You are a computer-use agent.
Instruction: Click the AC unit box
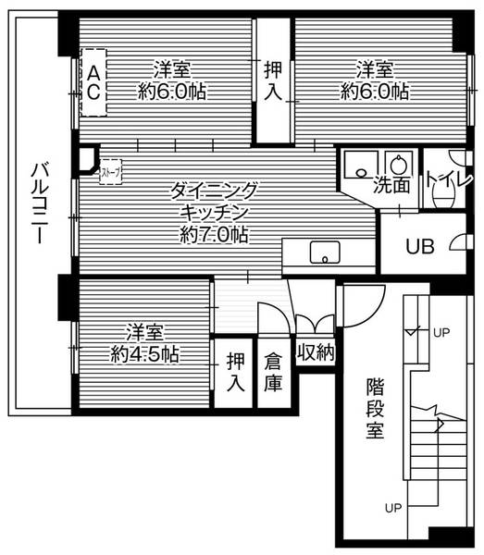coord(93,81)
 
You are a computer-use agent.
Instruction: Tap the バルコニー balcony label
coord(38,203)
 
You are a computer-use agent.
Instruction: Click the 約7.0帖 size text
coord(214,235)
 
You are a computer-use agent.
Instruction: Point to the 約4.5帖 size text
coord(145,353)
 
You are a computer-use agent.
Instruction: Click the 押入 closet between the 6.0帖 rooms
coord(274,80)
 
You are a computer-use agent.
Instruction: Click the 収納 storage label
coord(315,352)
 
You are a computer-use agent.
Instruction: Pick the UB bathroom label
coord(422,247)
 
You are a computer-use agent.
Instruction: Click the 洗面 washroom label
coord(392,185)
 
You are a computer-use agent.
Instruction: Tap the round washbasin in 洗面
coord(399,163)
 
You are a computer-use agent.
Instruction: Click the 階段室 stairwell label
coord(375,407)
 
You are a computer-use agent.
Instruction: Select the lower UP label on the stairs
coord(393,508)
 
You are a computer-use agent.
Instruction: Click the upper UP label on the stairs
coord(442,331)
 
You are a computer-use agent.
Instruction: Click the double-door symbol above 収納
coord(315,324)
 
